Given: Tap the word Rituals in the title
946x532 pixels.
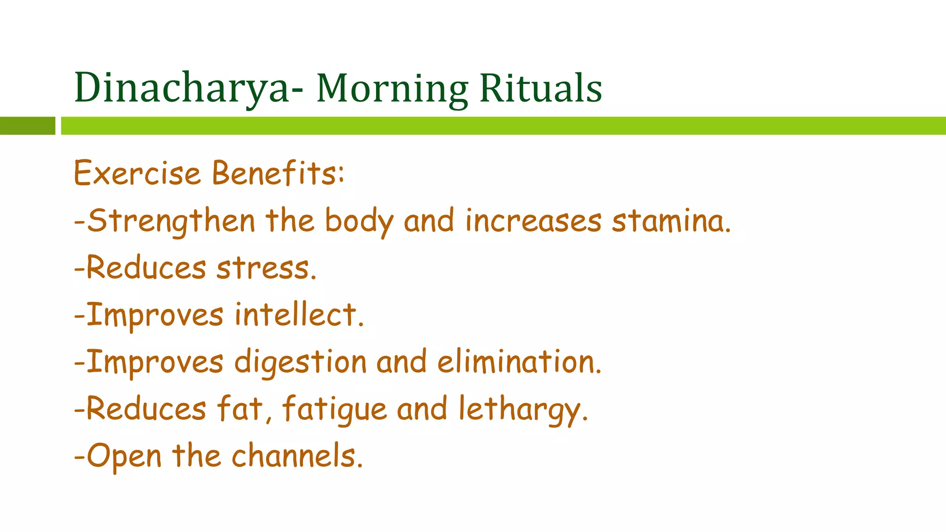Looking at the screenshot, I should [540, 88].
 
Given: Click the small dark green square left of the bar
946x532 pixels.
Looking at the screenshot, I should [27, 126].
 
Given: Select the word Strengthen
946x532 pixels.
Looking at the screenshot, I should [171, 221].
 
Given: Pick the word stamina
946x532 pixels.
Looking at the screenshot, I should [671, 221].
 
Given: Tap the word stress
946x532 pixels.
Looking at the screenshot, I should [266, 268].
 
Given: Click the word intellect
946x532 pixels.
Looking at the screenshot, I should [299, 315].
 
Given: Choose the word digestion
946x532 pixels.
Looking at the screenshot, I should [300, 363].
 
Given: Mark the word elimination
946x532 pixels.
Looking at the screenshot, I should [519, 362].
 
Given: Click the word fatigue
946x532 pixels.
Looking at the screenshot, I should [334, 410].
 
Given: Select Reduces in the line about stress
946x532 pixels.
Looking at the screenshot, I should [146, 268].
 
